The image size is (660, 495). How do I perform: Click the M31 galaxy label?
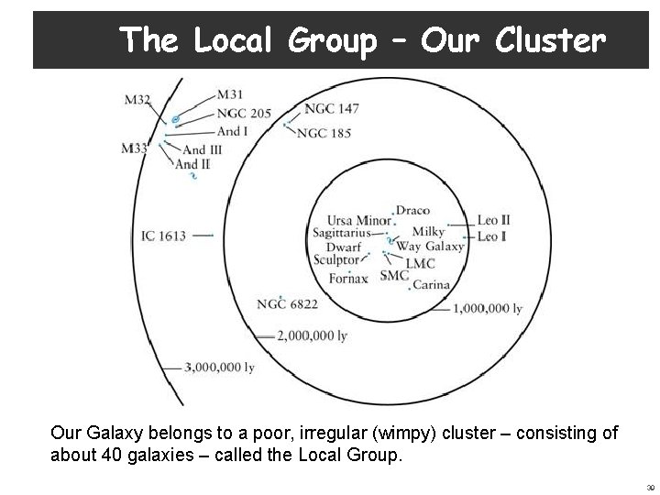(x=230, y=94)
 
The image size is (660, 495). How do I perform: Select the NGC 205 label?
(x=244, y=114)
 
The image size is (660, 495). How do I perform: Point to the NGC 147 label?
(x=331, y=108)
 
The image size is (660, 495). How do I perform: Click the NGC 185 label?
(x=324, y=133)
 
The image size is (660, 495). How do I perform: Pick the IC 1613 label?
(x=163, y=236)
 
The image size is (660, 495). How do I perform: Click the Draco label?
(x=412, y=211)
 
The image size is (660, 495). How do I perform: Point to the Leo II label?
(x=494, y=221)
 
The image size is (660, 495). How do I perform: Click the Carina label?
(x=431, y=285)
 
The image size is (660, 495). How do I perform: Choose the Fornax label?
(x=347, y=278)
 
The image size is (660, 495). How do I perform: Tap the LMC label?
(x=420, y=262)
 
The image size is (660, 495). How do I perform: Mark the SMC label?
(x=394, y=275)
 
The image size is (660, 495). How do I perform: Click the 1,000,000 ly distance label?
(x=488, y=308)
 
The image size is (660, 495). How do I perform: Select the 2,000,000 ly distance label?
(x=312, y=335)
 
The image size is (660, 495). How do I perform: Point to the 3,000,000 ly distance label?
(x=219, y=368)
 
